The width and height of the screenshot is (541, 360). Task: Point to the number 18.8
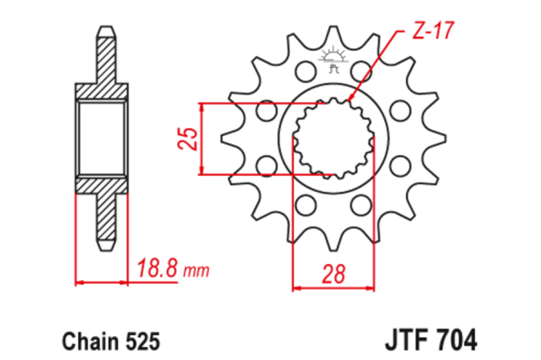158,269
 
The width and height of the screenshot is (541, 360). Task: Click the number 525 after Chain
140,338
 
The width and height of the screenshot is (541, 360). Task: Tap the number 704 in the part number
457,338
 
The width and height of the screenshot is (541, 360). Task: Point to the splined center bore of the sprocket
333,138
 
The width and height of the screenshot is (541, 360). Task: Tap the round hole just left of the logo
304,72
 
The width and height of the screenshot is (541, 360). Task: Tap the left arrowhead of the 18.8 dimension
79,282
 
